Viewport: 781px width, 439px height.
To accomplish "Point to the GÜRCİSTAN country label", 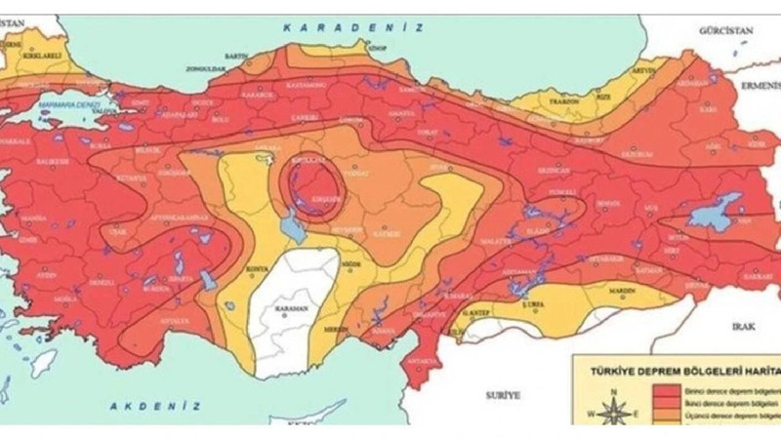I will (727, 32).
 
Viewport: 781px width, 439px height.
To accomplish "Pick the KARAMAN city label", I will (290, 308).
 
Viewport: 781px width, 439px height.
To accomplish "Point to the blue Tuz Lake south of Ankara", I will (291, 228).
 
